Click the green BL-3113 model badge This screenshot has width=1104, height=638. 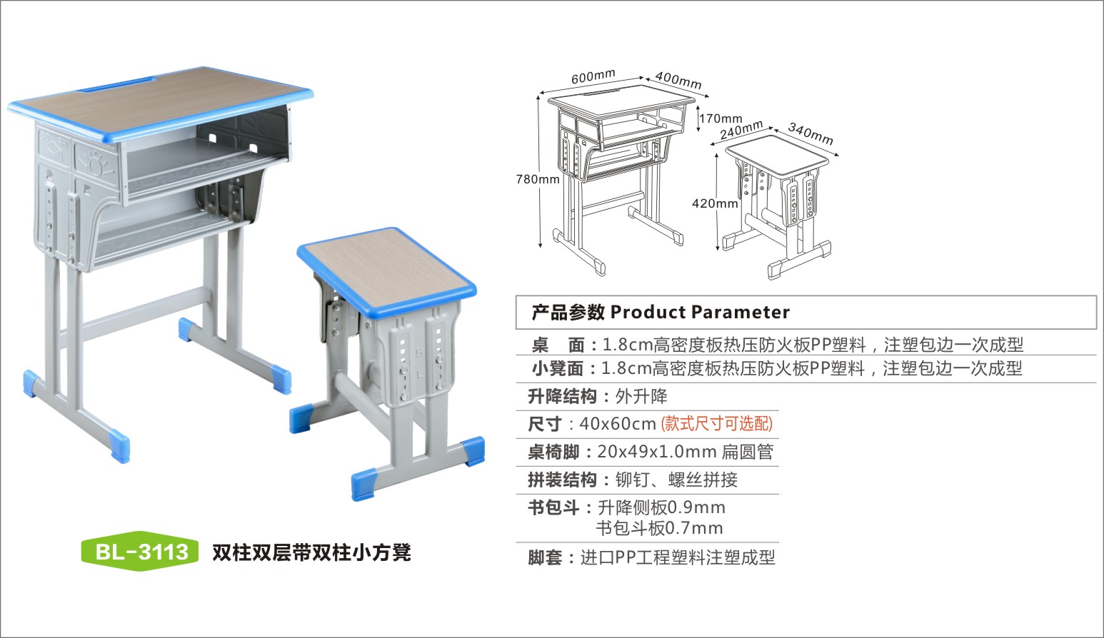[x=140, y=551]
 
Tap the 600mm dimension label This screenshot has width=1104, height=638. [x=593, y=76]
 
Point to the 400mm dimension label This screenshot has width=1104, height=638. [x=678, y=80]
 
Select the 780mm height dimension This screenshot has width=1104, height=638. [x=538, y=179]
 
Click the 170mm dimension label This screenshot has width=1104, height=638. [x=721, y=118]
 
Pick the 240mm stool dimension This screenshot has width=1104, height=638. [x=741, y=130]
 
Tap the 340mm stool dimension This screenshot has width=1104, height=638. [x=811, y=133]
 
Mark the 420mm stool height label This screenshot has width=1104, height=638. [x=715, y=203]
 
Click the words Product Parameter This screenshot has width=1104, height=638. [x=700, y=312]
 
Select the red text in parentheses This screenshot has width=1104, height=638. [x=717, y=424]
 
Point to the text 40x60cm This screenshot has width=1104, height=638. [x=618, y=424]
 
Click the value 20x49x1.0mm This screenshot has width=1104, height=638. [x=657, y=452]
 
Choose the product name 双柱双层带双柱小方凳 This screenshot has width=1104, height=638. [x=311, y=552]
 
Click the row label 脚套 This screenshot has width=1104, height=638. [x=545, y=557]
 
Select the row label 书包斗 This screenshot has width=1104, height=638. [x=553, y=507]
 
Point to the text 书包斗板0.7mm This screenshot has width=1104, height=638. [x=659, y=528]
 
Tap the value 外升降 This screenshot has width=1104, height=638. [x=641, y=396]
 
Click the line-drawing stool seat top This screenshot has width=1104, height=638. [x=777, y=155]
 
